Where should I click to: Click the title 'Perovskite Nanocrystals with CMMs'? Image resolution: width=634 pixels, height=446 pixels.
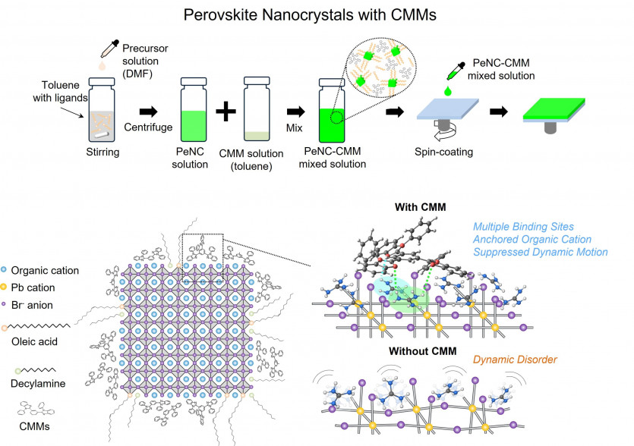coord(317,14)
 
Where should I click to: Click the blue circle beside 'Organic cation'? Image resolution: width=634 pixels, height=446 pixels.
coord(6,270)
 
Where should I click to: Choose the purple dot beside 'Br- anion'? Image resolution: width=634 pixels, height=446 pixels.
coord(6,306)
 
